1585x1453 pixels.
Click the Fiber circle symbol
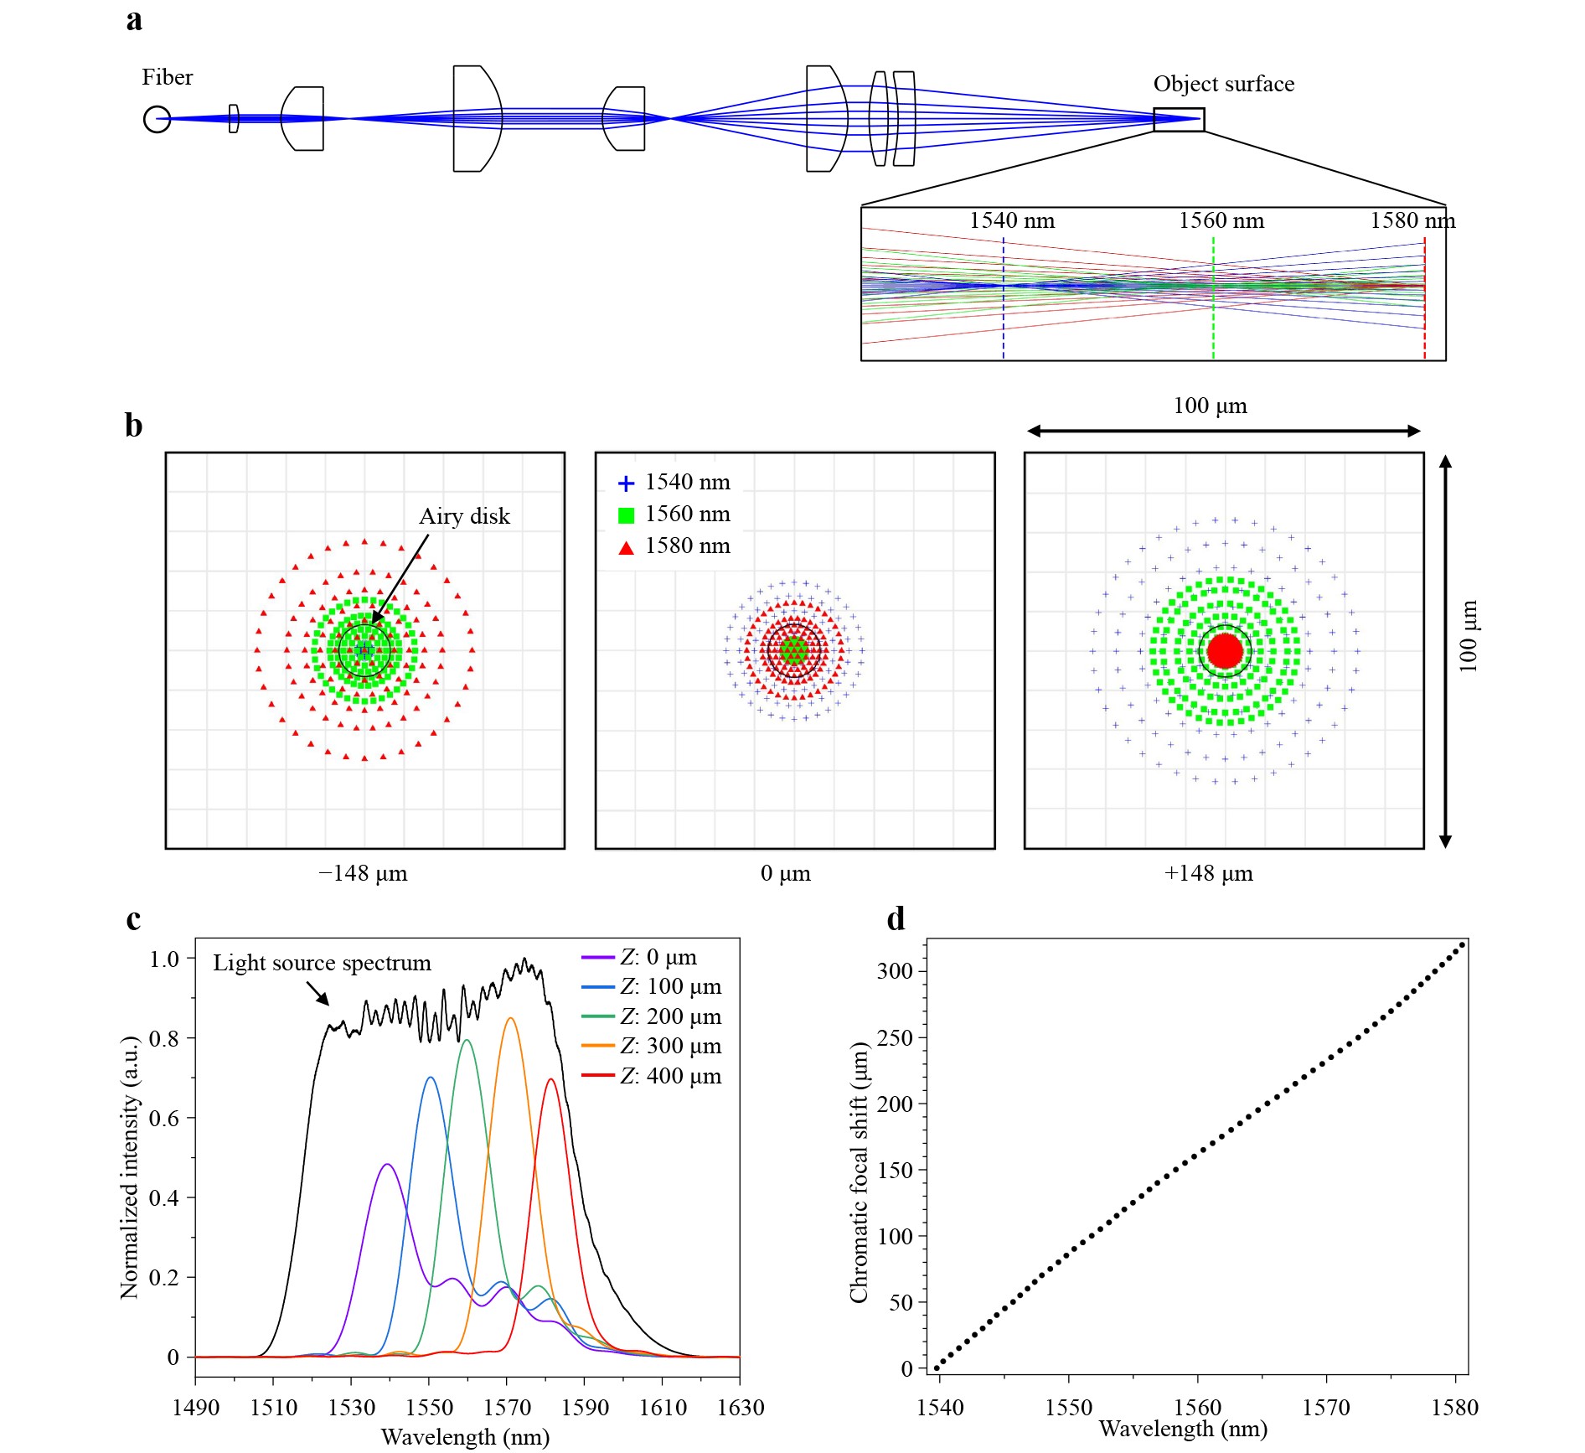[x=157, y=120]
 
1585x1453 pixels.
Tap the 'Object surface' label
[x=1223, y=84]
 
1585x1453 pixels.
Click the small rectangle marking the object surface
[x=1179, y=120]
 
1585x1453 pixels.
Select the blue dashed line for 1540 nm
[x=1003, y=302]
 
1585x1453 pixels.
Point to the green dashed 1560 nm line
[x=1213, y=302]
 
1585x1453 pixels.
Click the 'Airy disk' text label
[x=464, y=516]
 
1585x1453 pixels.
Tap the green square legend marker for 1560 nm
[x=626, y=515]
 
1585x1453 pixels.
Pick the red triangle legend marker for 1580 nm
[x=626, y=548]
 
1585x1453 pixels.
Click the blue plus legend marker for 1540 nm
[x=626, y=483]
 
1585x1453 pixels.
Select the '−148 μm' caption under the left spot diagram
[x=363, y=873]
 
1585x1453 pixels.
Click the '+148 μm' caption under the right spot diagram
[x=1208, y=873]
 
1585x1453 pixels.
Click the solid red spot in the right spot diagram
[x=1225, y=650]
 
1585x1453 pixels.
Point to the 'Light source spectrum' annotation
[x=322, y=963]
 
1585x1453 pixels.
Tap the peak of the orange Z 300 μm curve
[x=510, y=1018]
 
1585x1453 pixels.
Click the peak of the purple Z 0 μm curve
[x=387, y=1164]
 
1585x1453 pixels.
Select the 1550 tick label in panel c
[x=429, y=1408]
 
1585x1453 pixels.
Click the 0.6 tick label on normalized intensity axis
[x=164, y=1118]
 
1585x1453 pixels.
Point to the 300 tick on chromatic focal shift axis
[x=895, y=971]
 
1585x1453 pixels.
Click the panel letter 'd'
[x=896, y=919]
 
